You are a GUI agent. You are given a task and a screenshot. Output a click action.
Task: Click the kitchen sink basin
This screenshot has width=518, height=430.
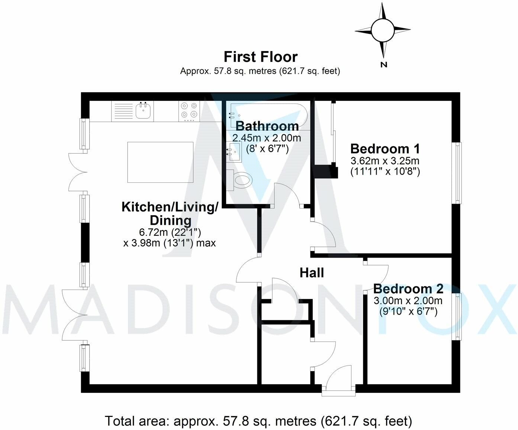point(143,111)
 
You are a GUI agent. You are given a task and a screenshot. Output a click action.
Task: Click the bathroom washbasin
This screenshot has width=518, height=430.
point(234,152)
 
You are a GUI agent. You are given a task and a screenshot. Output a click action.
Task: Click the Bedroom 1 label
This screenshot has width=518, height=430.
point(385,149)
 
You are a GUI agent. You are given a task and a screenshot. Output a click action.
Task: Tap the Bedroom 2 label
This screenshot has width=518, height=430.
point(408,289)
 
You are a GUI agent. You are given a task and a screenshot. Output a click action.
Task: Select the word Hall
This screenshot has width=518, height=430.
point(312,273)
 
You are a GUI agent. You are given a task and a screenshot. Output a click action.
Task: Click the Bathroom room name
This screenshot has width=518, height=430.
point(267,126)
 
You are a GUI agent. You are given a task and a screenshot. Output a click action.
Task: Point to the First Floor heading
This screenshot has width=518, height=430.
point(261,57)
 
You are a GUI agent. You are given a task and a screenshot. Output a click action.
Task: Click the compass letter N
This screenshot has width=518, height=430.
point(384,65)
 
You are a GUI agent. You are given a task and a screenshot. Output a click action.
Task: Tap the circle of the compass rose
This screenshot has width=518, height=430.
point(383,30)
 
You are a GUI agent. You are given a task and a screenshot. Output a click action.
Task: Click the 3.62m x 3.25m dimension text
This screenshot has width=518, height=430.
point(385,161)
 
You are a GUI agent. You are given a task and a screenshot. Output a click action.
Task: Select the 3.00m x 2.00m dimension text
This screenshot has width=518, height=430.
point(408,301)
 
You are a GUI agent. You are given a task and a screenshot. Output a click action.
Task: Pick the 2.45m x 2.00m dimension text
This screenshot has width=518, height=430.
point(267,138)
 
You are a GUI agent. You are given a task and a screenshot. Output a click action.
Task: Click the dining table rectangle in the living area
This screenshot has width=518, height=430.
point(160,162)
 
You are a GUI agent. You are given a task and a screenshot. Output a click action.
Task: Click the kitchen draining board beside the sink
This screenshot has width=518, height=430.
point(123,111)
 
